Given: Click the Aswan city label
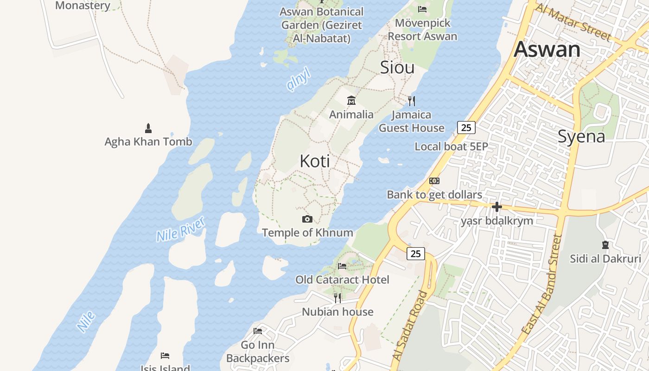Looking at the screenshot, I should (x=547, y=50).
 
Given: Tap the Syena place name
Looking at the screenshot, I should (x=581, y=137).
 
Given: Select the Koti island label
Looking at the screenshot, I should (x=315, y=161).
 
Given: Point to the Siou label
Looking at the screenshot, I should (x=397, y=68).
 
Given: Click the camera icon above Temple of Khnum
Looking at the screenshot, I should (x=307, y=219).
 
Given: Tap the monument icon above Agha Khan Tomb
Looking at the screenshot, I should (x=148, y=128).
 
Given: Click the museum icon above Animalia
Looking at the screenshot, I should (x=351, y=100).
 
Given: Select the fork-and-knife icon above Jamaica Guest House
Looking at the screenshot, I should (x=411, y=100).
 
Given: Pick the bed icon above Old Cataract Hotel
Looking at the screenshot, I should (x=342, y=266).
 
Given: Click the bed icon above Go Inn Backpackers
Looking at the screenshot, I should (x=258, y=331).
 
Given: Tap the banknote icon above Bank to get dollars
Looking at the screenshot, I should (x=434, y=181).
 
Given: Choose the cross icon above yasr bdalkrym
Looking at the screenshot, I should (x=497, y=207).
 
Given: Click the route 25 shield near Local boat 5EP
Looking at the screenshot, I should (x=466, y=127).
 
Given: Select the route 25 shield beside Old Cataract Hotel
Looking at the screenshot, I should (x=416, y=254).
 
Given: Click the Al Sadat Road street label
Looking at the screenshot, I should (x=410, y=326).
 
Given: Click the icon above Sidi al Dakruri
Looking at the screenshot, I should (x=605, y=244).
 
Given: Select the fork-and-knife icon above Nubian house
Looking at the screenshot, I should (x=337, y=298).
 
